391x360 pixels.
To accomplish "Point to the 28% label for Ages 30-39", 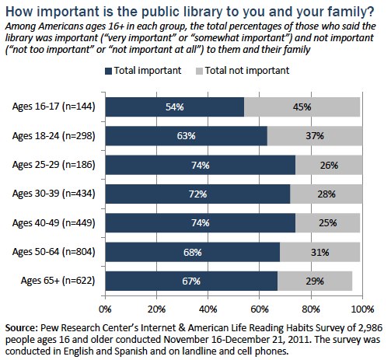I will pyautogui.click(x=327, y=194).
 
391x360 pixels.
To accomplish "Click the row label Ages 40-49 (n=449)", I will pyautogui.click(x=53, y=223).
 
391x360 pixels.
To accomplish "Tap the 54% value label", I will pyautogui.click(x=175, y=107).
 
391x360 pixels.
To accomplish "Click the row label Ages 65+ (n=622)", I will pyautogui.click(x=57, y=281).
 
